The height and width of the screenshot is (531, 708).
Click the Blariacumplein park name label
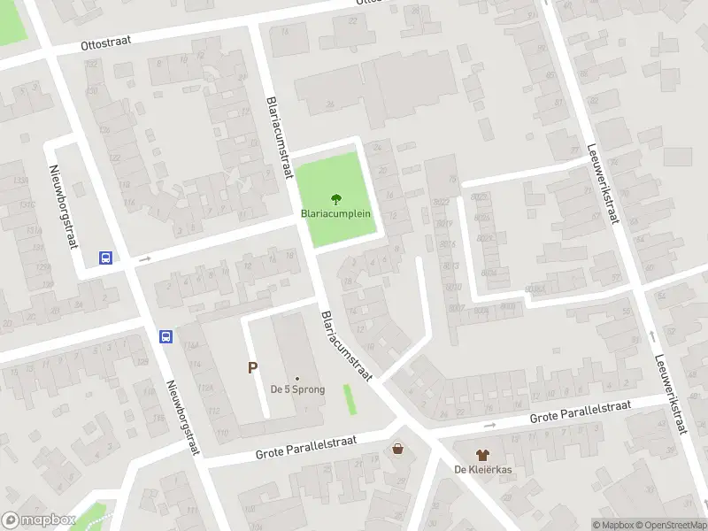335,214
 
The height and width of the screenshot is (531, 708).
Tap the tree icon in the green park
335,199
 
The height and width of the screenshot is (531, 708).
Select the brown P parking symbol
252,368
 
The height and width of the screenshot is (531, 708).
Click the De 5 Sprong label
297,389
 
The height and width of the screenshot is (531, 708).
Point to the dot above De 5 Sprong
297,378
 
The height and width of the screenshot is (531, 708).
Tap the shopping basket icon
397,450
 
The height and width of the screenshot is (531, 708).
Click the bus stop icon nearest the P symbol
165,336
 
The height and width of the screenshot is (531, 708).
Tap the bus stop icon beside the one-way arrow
105,258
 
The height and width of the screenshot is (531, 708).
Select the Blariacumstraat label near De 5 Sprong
346,346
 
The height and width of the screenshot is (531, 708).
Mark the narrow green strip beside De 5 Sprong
350,398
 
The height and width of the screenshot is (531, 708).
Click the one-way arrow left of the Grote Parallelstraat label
489,425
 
